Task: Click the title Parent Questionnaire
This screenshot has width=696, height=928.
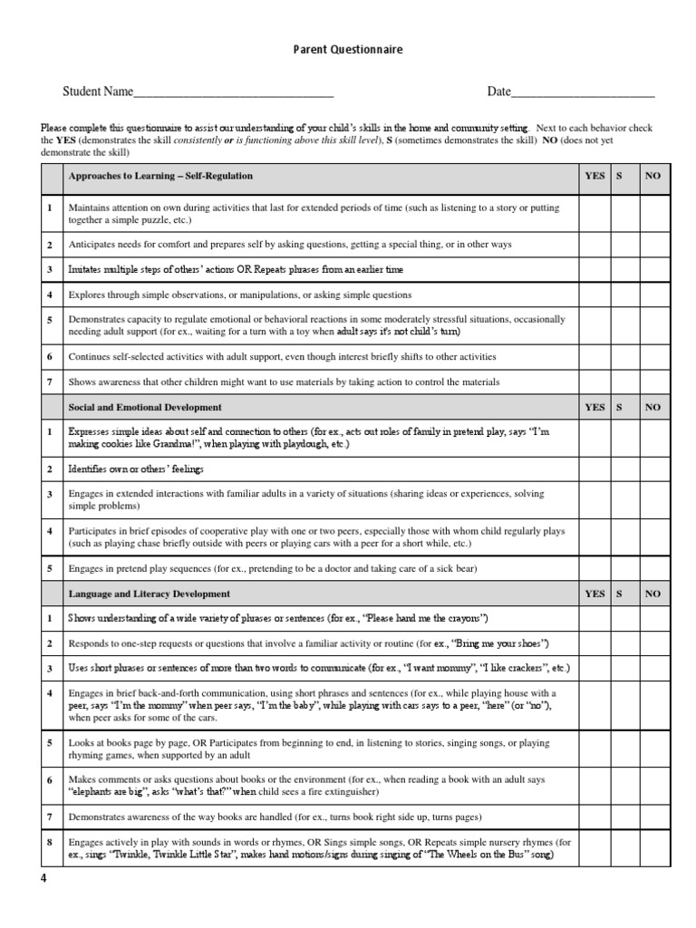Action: click(348, 50)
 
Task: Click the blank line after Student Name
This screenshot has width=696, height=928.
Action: click(233, 93)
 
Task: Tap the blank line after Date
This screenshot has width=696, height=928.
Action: click(583, 93)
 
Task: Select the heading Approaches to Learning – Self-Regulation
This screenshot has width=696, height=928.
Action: click(160, 176)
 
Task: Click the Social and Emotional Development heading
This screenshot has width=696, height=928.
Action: click(145, 408)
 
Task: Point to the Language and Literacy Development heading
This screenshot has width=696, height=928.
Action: click(150, 594)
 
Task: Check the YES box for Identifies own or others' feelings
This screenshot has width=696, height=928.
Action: click(594, 469)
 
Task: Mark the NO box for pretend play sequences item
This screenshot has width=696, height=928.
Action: click(655, 569)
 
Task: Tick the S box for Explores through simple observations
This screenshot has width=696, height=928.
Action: click(625, 295)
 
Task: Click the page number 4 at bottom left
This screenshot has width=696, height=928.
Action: click(43, 878)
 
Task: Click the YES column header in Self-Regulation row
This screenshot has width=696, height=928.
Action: click(594, 176)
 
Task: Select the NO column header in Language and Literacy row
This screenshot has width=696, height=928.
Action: click(652, 594)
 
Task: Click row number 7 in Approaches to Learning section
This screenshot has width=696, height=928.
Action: click(51, 382)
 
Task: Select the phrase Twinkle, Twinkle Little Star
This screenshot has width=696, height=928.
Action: click(164, 855)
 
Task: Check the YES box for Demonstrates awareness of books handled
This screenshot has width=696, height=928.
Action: click(594, 817)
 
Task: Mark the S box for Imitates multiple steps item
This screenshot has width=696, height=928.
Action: click(625, 270)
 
